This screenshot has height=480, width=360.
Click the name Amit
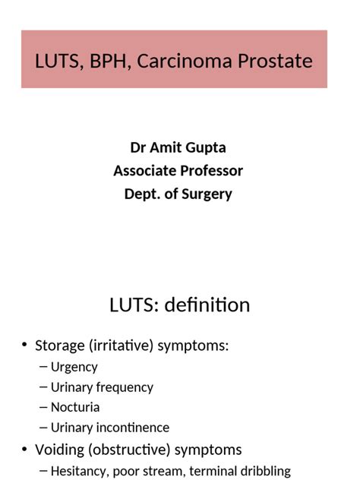[x=166, y=147]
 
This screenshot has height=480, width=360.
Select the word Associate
[x=144, y=171]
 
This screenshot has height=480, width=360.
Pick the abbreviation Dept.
[x=142, y=194]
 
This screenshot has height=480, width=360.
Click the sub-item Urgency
[x=74, y=367]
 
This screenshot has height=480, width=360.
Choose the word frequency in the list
[x=125, y=387]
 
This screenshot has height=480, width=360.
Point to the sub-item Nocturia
[x=75, y=407]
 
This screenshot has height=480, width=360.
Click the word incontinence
[x=133, y=428]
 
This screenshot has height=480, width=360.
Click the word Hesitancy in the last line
[x=79, y=471]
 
